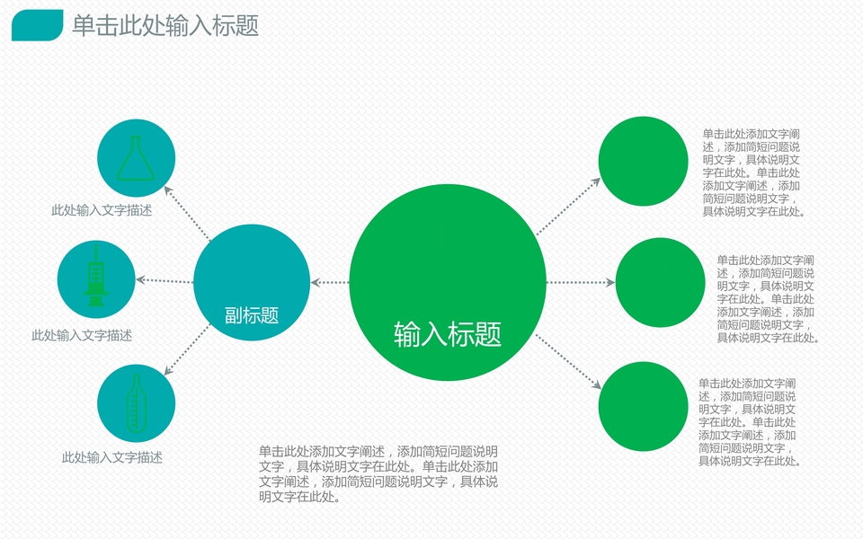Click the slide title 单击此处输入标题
pos(165,26)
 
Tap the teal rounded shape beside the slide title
pos(37,25)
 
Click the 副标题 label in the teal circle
pos(252,315)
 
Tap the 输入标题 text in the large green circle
pos(447,334)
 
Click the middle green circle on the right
pos(660,282)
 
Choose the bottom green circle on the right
pos(643,406)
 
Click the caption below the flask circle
pos(101,211)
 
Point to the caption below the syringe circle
pos(82,336)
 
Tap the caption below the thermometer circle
pos(111,458)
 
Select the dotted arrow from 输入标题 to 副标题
pos(329,283)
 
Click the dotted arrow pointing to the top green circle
pos(568,207)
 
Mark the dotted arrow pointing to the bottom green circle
pos(568,361)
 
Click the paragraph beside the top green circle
pos(753,172)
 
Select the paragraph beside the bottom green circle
pos(749,422)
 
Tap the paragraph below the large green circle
pos(378,474)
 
